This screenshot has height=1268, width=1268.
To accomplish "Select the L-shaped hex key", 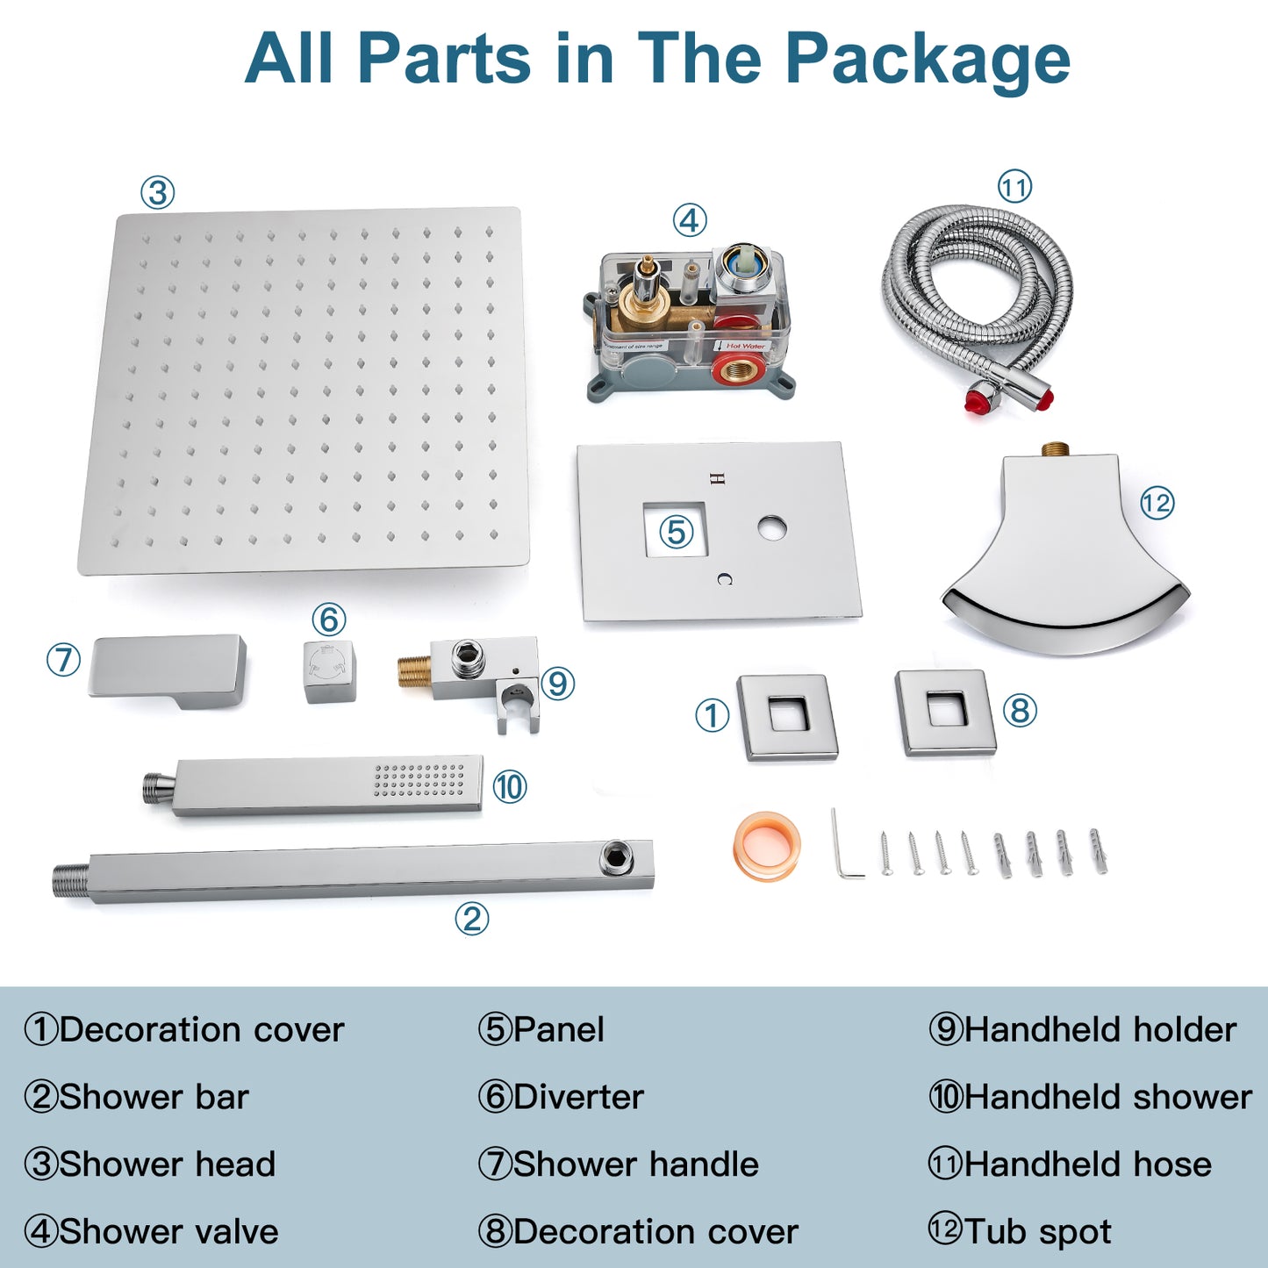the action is [x=845, y=843].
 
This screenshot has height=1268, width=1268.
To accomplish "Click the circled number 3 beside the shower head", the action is [x=157, y=193].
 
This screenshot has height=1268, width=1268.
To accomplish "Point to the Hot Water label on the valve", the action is [x=745, y=345].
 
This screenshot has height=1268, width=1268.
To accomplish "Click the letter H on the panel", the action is [x=719, y=478].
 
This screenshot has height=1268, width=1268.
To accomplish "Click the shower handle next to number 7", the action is [x=168, y=672].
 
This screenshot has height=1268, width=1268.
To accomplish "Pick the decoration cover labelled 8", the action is [x=945, y=713].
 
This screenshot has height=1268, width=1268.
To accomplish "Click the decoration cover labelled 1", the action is [x=787, y=718].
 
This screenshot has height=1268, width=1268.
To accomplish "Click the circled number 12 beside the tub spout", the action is [x=1157, y=504].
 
